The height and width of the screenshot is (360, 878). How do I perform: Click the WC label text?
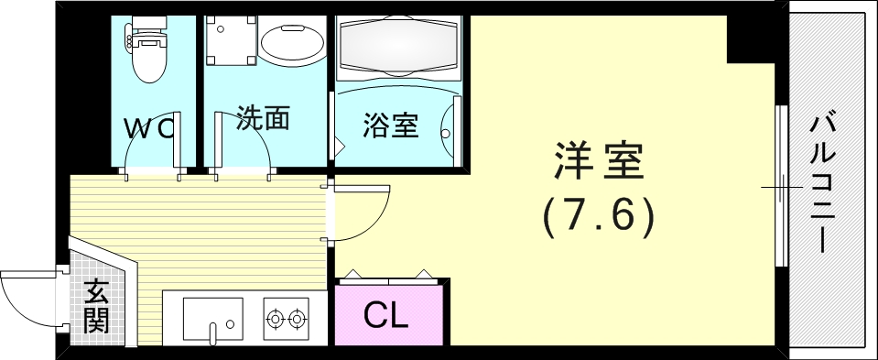coord(149,128)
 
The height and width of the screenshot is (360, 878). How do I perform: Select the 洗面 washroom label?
coord(263,118)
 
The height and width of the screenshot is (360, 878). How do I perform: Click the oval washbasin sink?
coord(290,43)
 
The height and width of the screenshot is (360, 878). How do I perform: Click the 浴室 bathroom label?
coord(391,125)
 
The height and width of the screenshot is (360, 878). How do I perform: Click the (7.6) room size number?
coord(599,217)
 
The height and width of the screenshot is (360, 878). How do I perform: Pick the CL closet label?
coord(385,316)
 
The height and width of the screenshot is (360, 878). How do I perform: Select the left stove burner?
coord(275,319)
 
